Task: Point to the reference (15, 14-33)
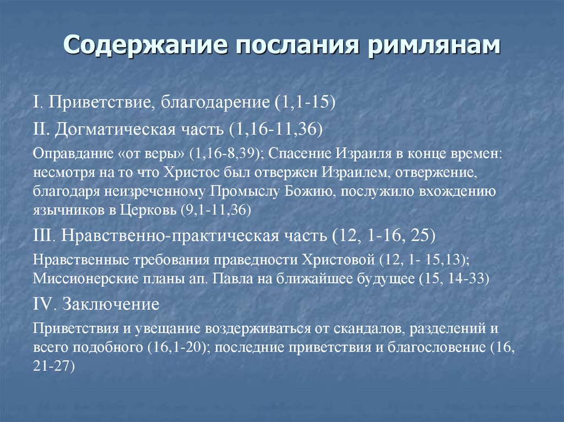[454, 278]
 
